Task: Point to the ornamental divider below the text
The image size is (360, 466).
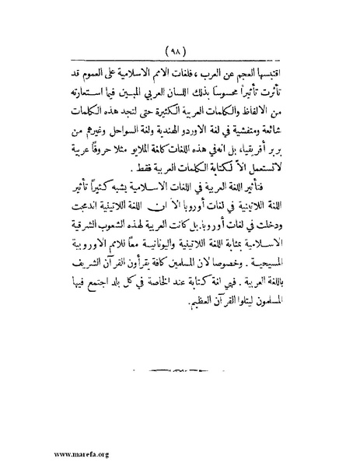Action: (x=180, y=365)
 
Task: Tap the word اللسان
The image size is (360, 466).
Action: (x=175, y=93)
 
